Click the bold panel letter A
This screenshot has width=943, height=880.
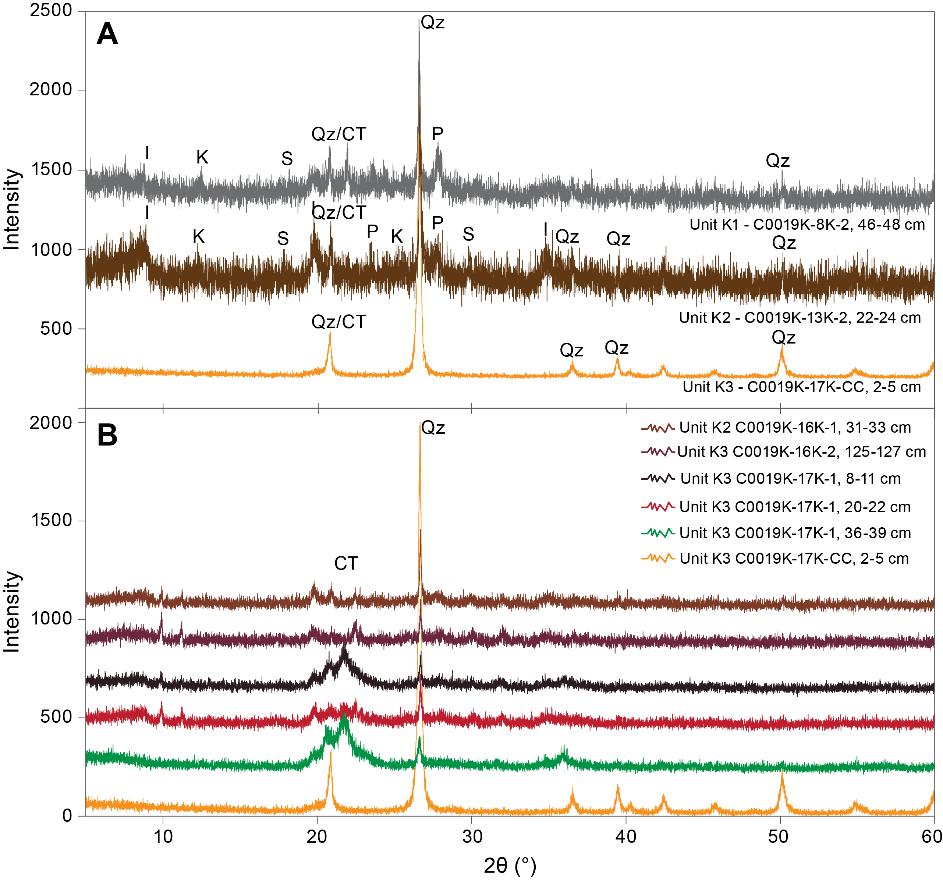coord(107,34)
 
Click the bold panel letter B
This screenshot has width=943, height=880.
coord(107,435)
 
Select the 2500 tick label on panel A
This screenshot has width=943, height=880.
coord(50,10)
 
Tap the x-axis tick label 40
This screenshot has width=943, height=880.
coord(626,836)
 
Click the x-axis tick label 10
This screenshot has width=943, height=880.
coord(163,836)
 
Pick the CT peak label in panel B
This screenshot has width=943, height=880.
coord(346,563)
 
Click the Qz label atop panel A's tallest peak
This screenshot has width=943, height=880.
coord(433,22)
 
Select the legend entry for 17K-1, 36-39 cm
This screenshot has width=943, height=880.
coord(794,533)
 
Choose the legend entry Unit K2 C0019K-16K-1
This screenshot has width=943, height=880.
coord(794,427)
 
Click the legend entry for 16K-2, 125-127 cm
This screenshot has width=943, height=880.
coord(801,451)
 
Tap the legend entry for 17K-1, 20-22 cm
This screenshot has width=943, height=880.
coord(794,507)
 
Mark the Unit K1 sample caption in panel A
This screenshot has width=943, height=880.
coord(807,225)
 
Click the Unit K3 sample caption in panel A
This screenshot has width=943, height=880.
coord(801,387)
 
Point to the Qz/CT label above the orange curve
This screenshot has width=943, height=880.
coord(339,322)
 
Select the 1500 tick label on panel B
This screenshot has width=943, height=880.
coord(51,520)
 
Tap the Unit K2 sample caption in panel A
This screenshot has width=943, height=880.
coord(800,317)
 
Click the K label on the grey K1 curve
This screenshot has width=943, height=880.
coord(202,157)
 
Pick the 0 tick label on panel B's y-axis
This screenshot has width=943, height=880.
coord(67,816)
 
